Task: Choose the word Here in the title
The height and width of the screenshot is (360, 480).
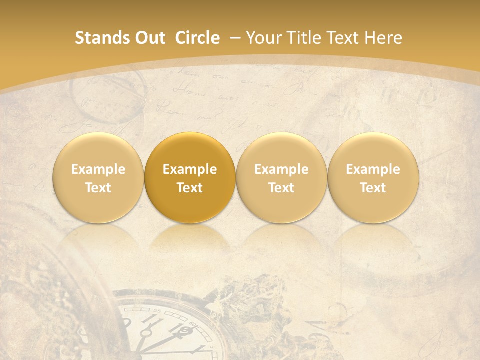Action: pos(383,38)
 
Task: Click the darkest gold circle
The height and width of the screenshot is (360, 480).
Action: pos(190,177)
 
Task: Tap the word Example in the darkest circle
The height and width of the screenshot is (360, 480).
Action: pos(190,169)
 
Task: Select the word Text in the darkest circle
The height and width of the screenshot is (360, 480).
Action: pos(190,188)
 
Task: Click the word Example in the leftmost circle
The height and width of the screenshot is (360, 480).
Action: pos(98,169)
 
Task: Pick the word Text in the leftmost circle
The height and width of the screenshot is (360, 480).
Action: pos(98,188)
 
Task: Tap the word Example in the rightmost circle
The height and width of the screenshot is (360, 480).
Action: pos(373,169)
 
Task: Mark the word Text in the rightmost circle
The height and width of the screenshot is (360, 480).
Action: pos(373,188)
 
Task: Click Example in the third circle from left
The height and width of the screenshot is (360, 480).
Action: pos(281,169)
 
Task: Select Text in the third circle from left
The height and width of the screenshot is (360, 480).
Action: pos(281,188)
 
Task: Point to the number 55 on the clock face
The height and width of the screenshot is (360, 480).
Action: pos(158,311)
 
